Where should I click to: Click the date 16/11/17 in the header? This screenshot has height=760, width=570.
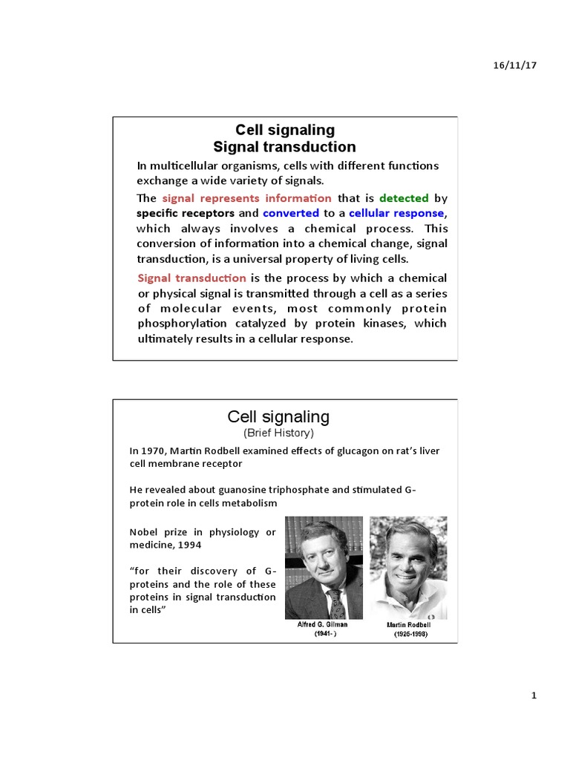[514, 65]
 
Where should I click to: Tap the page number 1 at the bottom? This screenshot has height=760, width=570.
[534, 695]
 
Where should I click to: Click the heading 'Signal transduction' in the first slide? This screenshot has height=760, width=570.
[285, 147]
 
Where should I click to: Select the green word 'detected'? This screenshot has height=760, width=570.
[404, 198]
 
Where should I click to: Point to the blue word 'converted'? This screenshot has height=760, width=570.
[291, 213]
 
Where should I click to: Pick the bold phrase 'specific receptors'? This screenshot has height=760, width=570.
[185, 213]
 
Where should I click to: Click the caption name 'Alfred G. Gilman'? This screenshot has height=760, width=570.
[323, 625]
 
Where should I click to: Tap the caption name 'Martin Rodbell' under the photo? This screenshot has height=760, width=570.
[408, 625]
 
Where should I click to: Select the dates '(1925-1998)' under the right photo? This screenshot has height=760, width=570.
[408, 636]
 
